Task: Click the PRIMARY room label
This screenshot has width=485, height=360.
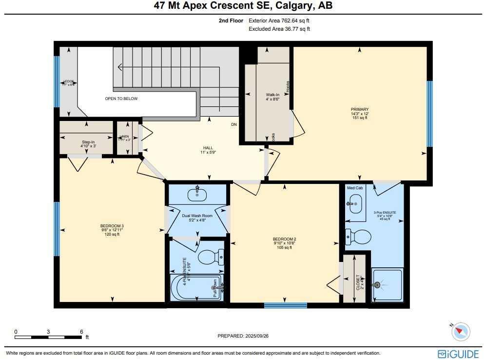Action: pyautogui.click(x=359, y=109)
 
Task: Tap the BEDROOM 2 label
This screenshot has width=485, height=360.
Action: pyautogui.click(x=284, y=239)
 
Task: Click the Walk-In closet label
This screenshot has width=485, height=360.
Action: pyautogui.click(x=272, y=95)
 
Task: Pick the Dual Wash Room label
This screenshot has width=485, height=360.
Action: pyautogui.click(x=197, y=216)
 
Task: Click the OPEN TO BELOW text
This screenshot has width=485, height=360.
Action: pyautogui.click(x=121, y=99)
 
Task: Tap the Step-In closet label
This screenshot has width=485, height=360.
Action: pyautogui.click(x=88, y=142)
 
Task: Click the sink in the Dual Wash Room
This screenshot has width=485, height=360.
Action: pyautogui.click(x=197, y=194)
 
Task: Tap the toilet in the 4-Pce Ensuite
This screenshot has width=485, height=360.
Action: pyautogui.click(x=210, y=256)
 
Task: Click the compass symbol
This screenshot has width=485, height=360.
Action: pyautogui.click(x=460, y=332)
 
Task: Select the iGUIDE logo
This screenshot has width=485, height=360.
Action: pyautogui.click(x=454, y=354)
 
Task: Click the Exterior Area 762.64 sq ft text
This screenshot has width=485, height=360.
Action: pyautogui.click(x=279, y=21)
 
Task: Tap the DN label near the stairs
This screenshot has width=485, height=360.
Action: pyautogui.click(x=234, y=124)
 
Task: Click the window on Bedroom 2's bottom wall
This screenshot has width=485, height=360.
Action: pyautogui.click(x=286, y=306)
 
